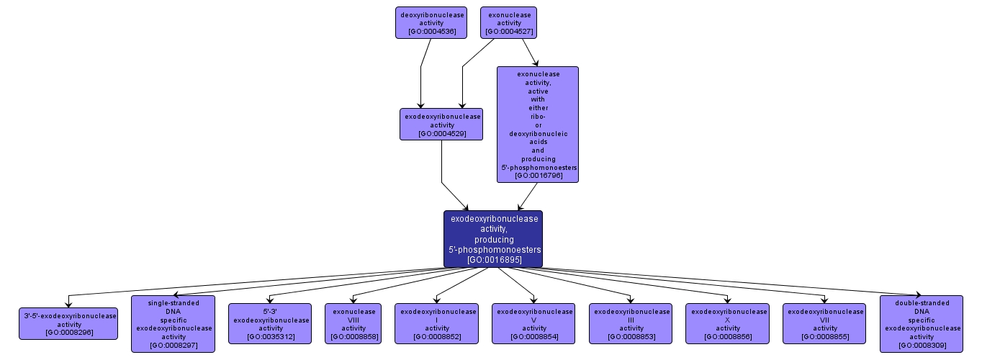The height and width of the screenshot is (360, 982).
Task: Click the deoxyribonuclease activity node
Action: coord(431,22)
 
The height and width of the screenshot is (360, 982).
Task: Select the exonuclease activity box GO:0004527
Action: coord(509,22)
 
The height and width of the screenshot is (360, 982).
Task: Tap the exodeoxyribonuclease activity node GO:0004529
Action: coord(441,124)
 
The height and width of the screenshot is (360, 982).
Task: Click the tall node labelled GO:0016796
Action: coord(537,124)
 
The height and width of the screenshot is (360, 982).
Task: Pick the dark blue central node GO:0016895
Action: coord(493,238)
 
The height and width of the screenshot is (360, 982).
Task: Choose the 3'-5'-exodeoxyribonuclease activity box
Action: coord(68,323)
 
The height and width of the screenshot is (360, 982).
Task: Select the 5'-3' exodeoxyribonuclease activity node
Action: coord(270,323)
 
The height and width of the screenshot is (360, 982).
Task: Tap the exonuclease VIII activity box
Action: coord(353,323)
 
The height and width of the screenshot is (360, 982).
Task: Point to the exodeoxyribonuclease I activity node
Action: coord(436,323)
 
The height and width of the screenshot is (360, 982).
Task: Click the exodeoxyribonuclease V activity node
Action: coord(533,323)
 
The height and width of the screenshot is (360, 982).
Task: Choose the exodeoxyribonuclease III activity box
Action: coord(631,323)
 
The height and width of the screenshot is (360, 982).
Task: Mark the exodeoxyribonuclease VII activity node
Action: coord(825,323)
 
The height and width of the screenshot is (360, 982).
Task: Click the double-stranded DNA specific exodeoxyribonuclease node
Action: coord(922,323)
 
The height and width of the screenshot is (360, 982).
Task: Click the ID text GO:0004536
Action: coord(431,32)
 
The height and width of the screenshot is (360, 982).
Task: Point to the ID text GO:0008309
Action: coord(922,346)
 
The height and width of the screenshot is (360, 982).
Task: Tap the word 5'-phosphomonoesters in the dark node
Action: coord(494,249)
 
